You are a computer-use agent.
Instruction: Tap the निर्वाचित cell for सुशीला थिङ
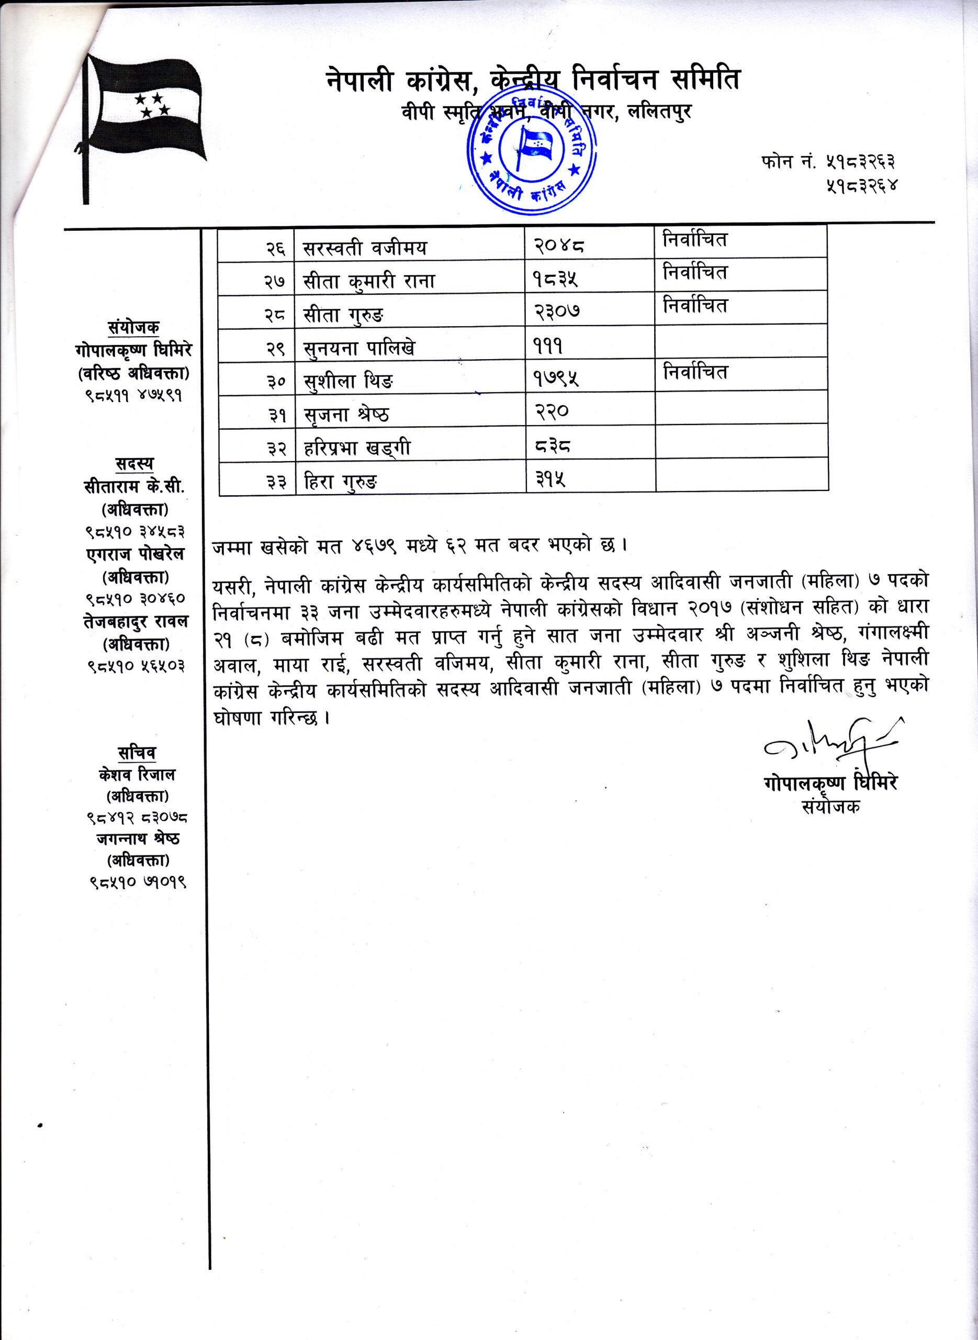pos(695,372)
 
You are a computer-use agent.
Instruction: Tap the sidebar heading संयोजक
pos(134,327)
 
